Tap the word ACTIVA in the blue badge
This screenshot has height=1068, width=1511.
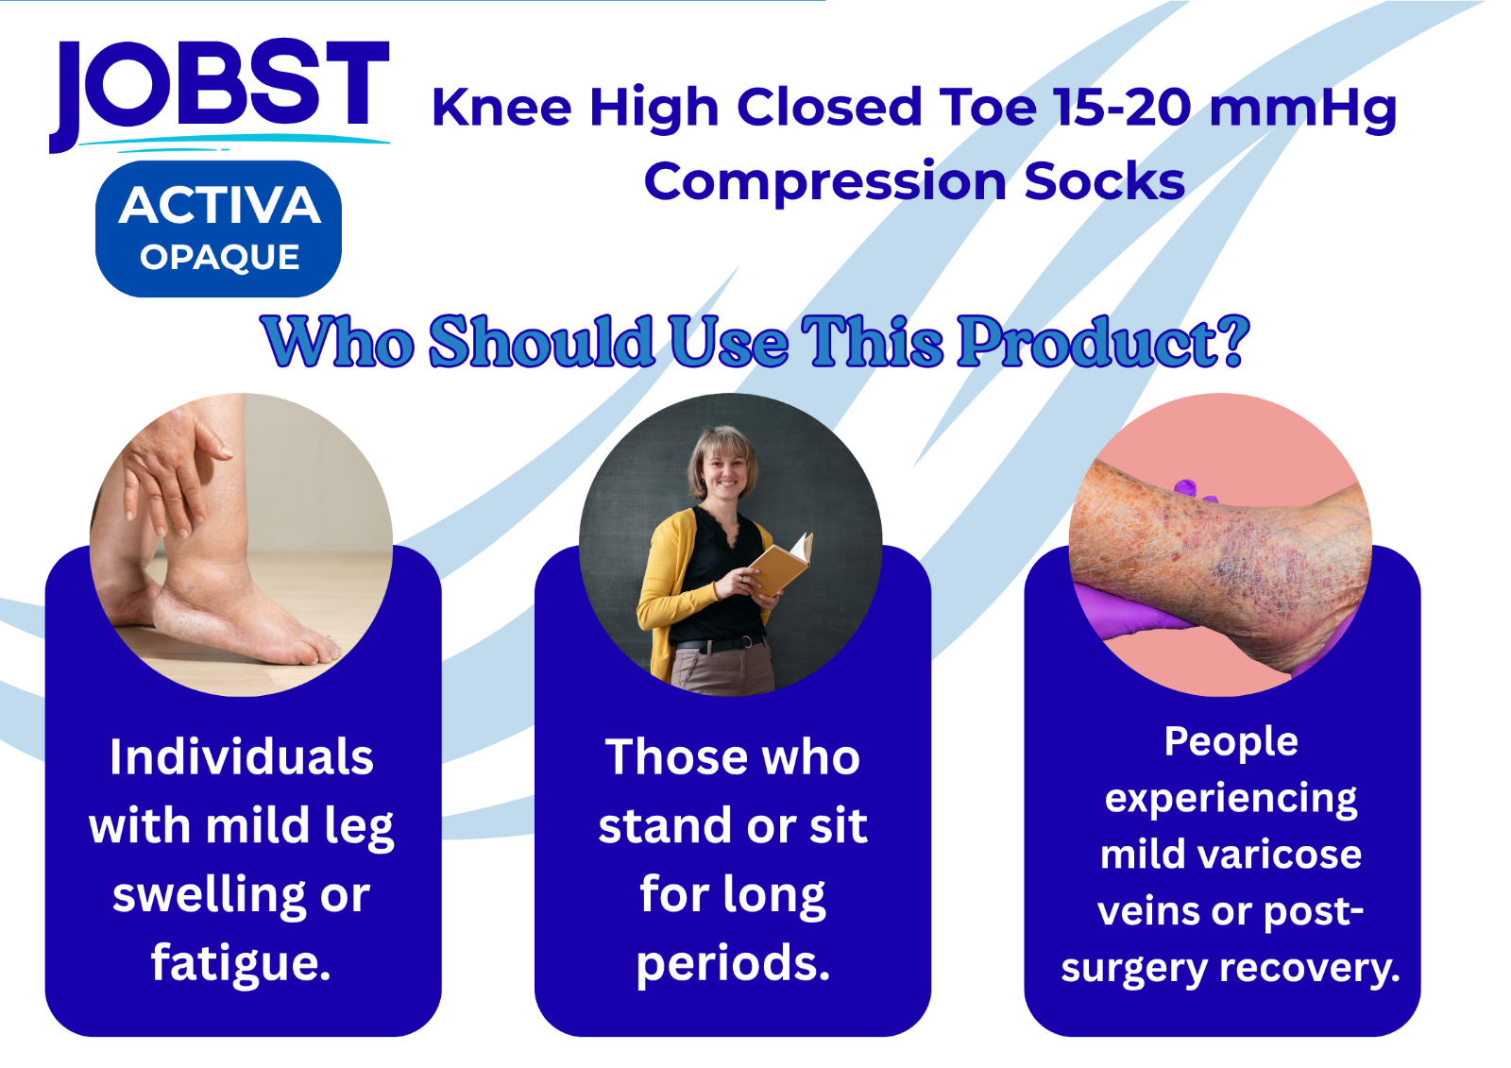pyautogui.click(x=219, y=205)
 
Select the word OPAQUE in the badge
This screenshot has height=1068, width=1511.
pyautogui.click(x=219, y=257)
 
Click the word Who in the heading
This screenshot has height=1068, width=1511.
pyautogui.click(x=337, y=341)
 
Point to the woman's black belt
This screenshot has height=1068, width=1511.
pyautogui.click(x=718, y=644)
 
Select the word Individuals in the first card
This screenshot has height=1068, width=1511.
pyautogui.click(x=242, y=757)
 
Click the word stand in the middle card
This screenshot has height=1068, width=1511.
pyautogui.click(x=665, y=826)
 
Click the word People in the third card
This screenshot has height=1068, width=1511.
pyautogui.click(x=1231, y=743)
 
